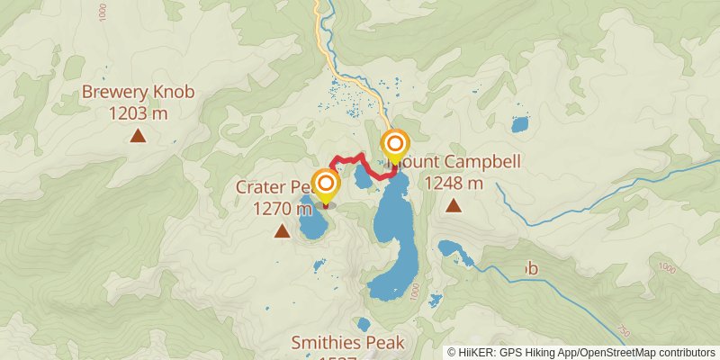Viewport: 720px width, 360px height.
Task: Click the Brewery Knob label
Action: point(138,91)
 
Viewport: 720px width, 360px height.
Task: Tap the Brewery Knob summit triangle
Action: point(138,136)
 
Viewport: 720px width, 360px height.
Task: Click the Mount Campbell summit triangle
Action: point(453,205)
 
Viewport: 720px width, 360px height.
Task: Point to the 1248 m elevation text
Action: point(453,183)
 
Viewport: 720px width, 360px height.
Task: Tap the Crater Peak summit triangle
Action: point(282,231)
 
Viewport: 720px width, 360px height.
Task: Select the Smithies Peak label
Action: point(348,342)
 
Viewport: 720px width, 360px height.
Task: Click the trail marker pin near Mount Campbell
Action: point(394,147)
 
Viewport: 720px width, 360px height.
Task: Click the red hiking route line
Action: point(346,158)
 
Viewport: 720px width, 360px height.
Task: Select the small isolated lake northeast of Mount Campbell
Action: point(520,124)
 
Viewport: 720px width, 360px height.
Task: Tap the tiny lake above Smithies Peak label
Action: point(364,324)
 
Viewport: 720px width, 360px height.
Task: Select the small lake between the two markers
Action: point(363,176)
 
